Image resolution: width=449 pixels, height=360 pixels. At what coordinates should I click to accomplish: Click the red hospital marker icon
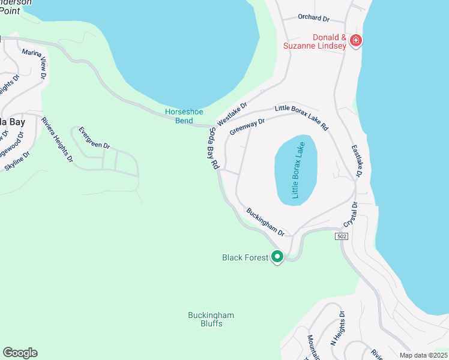pyautogui.click(x=356, y=41)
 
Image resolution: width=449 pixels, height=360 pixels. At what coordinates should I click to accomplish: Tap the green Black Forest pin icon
pyautogui.click(x=277, y=257)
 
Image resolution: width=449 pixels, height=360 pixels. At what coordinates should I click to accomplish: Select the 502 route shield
pyautogui.click(x=342, y=237)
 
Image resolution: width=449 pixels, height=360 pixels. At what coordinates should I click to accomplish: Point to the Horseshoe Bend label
pyautogui.click(x=179, y=116)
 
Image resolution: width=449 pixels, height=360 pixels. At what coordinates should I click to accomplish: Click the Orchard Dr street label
pyautogui.click(x=314, y=17)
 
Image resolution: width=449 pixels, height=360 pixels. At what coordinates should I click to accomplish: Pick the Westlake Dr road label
pyautogui.click(x=232, y=114)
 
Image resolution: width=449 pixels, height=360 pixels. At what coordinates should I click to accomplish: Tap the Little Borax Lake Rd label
pyautogui.click(x=302, y=117)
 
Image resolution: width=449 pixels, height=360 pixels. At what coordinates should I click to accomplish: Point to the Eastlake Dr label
pyautogui.click(x=356, y=161)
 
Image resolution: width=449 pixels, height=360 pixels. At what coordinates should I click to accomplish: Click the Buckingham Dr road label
pyautogui.click(x=265, y=222)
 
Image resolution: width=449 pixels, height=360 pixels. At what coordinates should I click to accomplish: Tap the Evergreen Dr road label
pyautogui.click(x=95, y=137)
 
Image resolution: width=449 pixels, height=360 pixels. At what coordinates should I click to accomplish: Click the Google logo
pyautogui.click(x=20, y=353)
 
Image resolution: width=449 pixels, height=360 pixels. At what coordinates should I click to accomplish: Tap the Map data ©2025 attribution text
pyautogui.click(x=423, y=355)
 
